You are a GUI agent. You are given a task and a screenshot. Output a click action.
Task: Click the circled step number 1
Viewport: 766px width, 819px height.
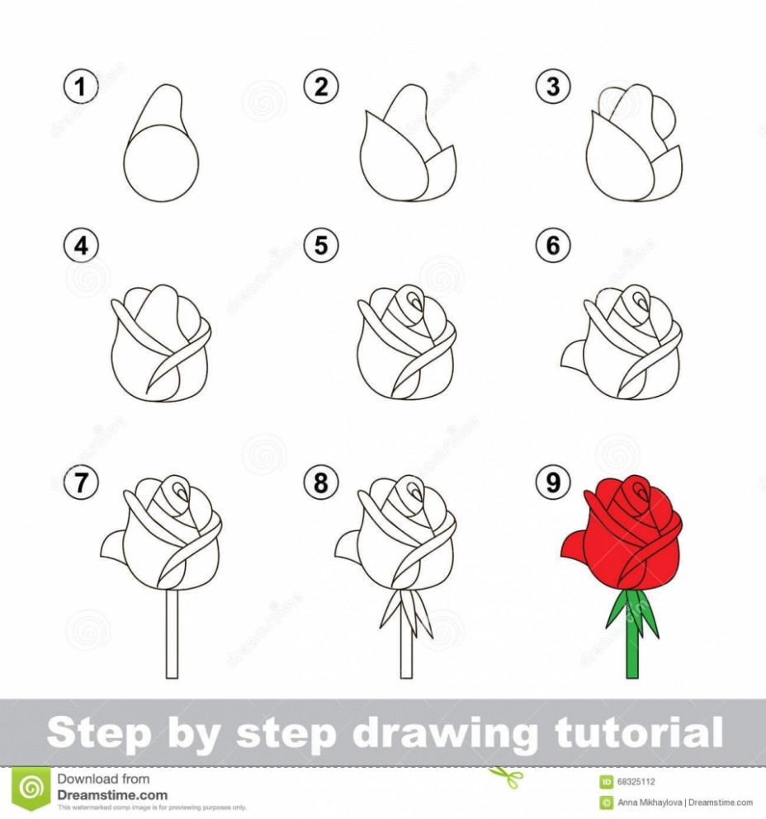pos(78,87)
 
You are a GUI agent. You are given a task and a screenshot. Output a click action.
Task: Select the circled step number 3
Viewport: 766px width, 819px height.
pos(553,87)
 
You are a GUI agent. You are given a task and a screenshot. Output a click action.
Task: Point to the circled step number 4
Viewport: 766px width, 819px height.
pos(80,246)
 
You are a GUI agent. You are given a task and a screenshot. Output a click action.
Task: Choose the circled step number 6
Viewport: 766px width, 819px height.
pos(553,246)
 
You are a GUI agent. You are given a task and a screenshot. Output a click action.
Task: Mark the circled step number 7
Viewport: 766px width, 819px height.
pos(80,483)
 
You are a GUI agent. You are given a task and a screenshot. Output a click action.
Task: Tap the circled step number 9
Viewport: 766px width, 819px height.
pos(553,483)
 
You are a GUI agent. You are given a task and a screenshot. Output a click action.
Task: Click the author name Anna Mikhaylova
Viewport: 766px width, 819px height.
pos(653,803)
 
